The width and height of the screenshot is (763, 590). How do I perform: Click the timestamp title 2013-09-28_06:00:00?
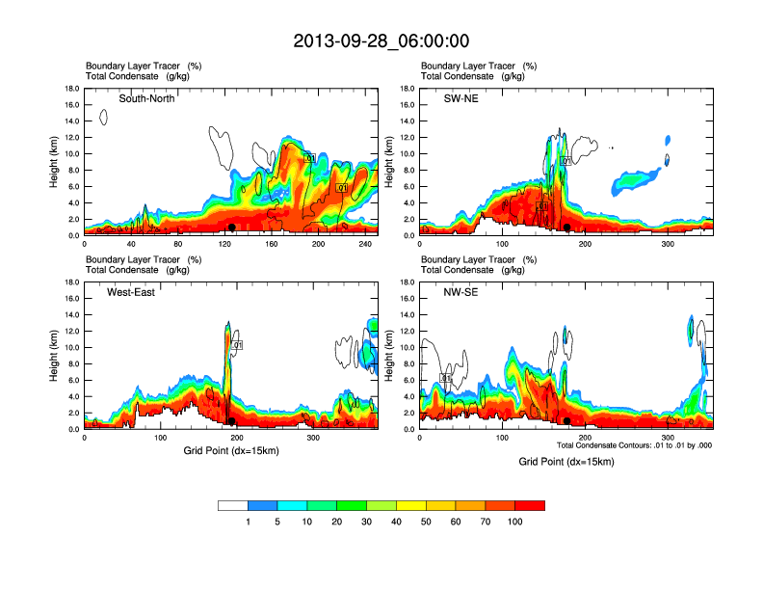[x=381, y=41]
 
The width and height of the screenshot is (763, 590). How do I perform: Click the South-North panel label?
[x=146, y=98]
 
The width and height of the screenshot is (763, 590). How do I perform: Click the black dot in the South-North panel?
[x=231, y=228]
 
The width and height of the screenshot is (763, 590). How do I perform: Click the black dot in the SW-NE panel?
[x=567, y=228]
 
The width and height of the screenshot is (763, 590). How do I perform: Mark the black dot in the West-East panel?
[x=231, y=421]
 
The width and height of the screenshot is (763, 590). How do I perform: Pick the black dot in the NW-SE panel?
[x=567, y=421]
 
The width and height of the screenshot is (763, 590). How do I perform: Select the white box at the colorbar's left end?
[x=233, y=505]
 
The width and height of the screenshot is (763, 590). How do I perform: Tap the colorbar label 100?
[x=515, y=522]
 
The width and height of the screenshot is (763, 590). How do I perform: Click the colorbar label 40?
[x=367, y=522]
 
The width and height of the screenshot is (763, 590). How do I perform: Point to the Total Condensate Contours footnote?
[x=635, y=445]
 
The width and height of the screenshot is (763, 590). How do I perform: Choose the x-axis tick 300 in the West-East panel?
[x=313, y=438]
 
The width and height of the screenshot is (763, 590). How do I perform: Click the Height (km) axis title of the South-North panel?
[x=56, y=162]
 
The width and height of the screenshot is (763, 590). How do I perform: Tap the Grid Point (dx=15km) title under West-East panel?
[x=230, y=451]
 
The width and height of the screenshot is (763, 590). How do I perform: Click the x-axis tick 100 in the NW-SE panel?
[x=501, y=438]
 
